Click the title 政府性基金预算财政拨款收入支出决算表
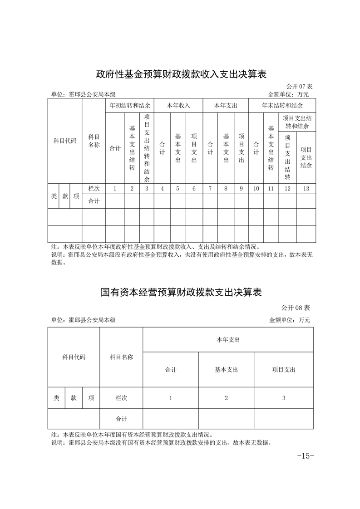tap(181, 74)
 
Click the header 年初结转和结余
tap(130, 105)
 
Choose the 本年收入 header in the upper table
tap(178, 105)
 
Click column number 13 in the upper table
tap(306, 189)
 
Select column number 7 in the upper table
tap(210, 189)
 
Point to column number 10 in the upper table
tap(256, 189)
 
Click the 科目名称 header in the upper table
tap(94, 141)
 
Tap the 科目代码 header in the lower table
tap(74, 357)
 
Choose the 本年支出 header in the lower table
tap(228, 339)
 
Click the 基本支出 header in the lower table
tap(226, 370)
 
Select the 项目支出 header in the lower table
tap(284, 370)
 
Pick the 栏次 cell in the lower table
tap(121, 398)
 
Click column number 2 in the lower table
tap(226, 398)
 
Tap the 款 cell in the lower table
tap(74, 398)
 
